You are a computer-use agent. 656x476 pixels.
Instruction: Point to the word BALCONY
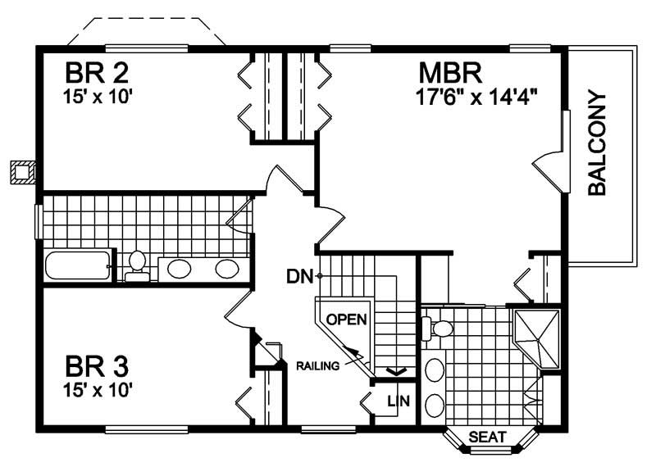coord(598,143)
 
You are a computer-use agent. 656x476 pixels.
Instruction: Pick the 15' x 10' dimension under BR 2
coord(97,96)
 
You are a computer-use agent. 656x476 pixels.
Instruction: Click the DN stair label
coord(299,276)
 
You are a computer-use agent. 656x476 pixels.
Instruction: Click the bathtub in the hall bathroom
coord(77,266)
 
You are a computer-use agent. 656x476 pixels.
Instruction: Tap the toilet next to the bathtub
coord(138,264)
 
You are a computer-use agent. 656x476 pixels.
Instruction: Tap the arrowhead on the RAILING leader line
coord(358,353)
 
